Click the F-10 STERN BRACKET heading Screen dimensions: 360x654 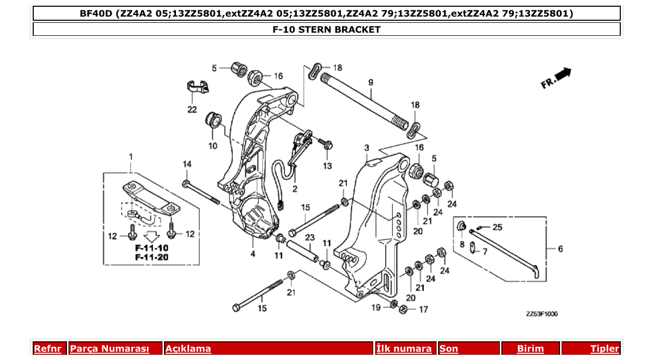(x=326, y=30)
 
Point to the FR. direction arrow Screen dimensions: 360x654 (x=556, y=78)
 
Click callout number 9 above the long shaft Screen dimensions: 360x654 (x=371, y=82)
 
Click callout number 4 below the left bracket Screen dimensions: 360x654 (x=253, y=254)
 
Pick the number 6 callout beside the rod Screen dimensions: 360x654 (x=560, y=249)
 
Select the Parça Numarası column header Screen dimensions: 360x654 (x=110, y=349)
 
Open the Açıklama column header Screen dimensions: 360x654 (x=188, y=349)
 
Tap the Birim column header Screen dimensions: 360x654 (x=530, y=349)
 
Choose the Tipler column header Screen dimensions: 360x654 (x=605, y=349)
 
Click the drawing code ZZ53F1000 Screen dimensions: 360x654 (x=541, y=314)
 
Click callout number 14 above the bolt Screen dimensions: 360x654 (x=187, y=164)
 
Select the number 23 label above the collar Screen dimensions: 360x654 (x=310, y=238)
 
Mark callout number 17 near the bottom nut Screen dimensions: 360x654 (x=424, y=310)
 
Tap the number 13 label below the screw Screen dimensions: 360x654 (x=327, y=166)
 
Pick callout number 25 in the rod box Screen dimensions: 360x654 (x=497, y=227)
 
